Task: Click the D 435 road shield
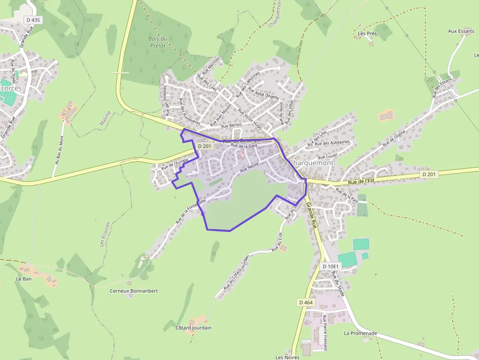(33, 20)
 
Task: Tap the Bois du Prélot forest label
(157, 42)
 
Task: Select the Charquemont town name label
(311, 163)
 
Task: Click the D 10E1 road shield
(331, 266)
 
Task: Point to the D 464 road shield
(305, 302)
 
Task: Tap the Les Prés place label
(368, 34)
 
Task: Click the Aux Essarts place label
(461, 31)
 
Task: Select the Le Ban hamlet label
(23, 279)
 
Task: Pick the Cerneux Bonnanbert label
(134, 291)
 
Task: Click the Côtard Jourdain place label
(194, 328)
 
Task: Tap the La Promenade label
(361, 333)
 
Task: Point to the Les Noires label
(287, 357)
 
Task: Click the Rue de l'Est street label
(361, 181)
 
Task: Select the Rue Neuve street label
(249, 167)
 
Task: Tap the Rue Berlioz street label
(232, 126)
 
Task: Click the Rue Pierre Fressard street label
(325, 333)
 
